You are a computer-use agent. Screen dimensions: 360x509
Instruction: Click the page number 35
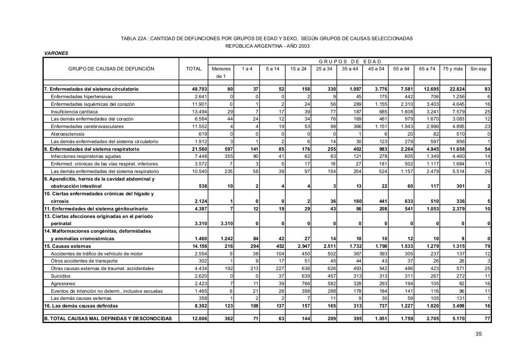478,334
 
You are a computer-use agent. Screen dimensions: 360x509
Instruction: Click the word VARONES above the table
56,53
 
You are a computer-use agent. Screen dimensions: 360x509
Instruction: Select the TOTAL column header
194,69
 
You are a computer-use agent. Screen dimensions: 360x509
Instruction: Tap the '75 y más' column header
453,69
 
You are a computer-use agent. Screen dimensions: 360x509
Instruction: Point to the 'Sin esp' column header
478,69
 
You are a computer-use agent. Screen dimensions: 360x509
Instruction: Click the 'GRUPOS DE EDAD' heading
350,61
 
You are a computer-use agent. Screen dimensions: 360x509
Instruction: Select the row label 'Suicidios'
60,276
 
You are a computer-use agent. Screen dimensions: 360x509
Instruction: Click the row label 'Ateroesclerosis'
68,134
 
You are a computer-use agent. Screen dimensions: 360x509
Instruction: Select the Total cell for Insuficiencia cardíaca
200,112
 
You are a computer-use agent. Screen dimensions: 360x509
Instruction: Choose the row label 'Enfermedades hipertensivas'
82,97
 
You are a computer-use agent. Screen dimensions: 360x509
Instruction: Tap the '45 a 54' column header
376,69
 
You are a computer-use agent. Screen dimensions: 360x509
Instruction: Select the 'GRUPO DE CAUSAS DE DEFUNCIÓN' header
111,69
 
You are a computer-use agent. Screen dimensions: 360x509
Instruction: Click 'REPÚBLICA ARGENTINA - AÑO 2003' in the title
267,46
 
